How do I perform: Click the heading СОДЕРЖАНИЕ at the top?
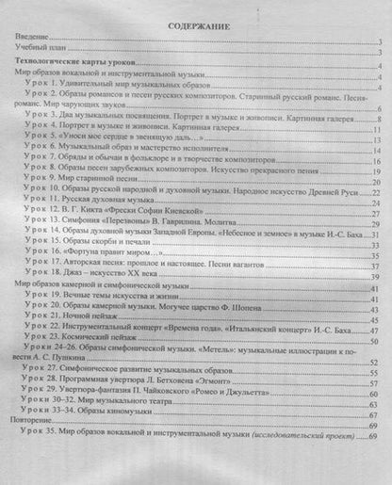[x=195, y=28]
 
